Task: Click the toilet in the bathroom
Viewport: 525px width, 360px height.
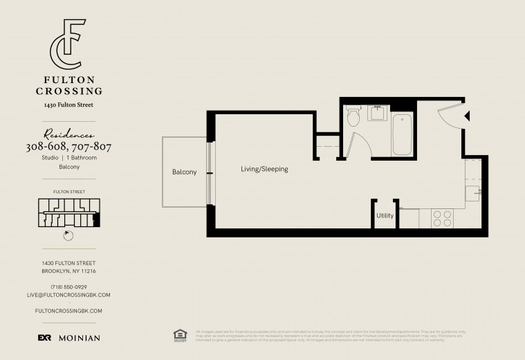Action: coord(353,116)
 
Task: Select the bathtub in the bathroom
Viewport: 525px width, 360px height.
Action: coord(403,134)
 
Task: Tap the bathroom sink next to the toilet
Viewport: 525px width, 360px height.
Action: coord(378,113)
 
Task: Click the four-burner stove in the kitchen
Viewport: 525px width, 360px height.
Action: coord(442,219)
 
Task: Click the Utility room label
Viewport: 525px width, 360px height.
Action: coord(385,215)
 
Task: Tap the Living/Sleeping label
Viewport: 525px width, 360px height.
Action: coord(264,169)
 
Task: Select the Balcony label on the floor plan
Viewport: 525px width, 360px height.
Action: coord(185,172)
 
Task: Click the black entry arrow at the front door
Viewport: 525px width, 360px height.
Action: coord(466,116)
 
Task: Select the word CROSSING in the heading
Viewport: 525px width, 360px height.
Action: coord(69,91)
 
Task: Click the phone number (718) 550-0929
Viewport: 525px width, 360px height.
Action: coord(68,287)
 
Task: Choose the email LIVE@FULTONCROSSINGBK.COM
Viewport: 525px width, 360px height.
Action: coord(68,295)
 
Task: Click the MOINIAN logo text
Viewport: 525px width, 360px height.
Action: coord(79,338)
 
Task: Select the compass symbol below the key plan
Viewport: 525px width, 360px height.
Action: coord(67,235)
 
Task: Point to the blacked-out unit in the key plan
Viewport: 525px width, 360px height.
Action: coord(97,219)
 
